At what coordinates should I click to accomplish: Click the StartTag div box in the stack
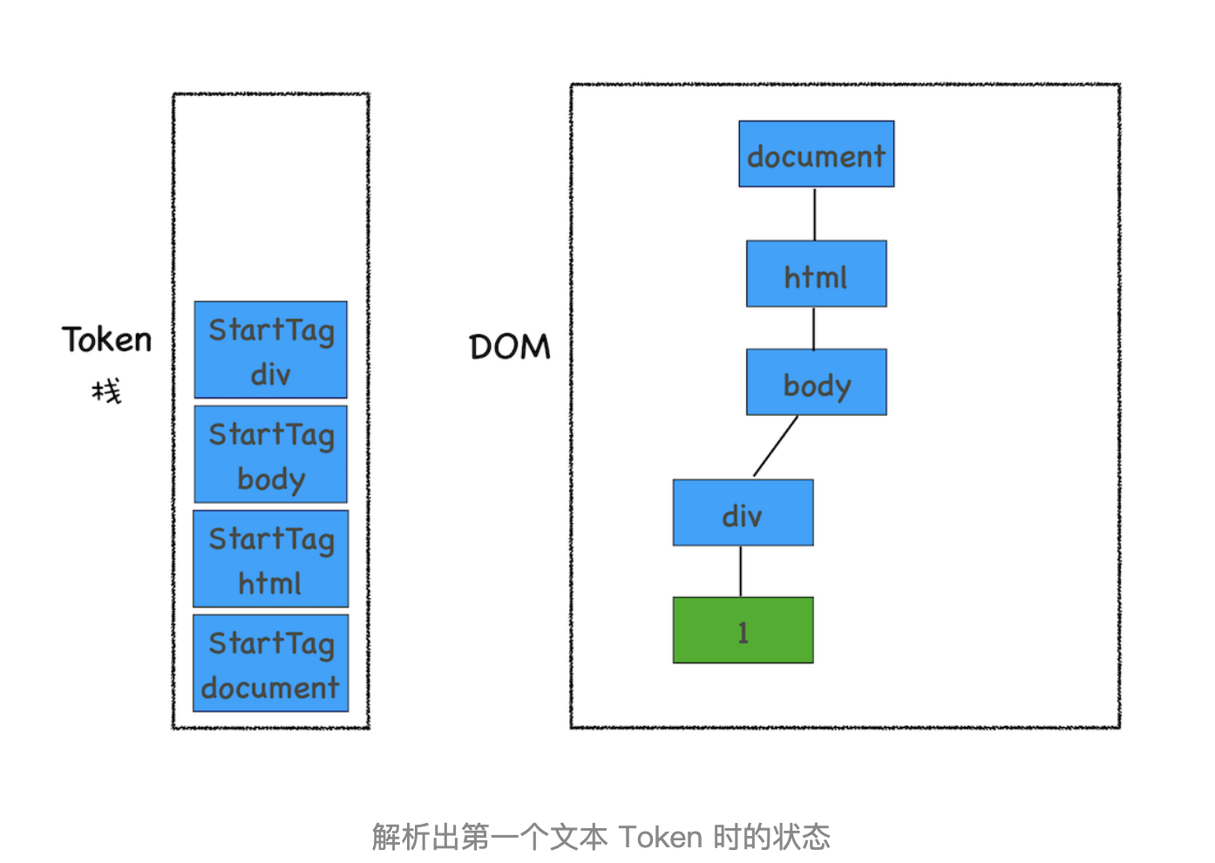[270, 350]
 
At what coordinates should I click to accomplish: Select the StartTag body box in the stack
[270, 454]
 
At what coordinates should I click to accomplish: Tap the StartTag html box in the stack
[270, 559]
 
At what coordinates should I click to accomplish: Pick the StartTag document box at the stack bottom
[270, 663]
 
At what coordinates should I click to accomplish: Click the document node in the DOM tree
[816, 154]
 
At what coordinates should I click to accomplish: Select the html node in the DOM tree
[816, 274]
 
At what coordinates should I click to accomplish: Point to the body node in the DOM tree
[816, 383]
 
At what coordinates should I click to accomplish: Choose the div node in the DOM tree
[743, 513]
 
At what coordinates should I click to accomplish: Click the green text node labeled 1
[743, 630]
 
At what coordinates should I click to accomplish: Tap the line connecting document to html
[815, 214]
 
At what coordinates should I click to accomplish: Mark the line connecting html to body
[814, 328]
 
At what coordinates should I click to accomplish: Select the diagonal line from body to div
[776, 446]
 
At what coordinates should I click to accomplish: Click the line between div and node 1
[741, 571]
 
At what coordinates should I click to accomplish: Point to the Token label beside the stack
[106, 340]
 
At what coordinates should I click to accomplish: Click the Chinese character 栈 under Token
[107, 391]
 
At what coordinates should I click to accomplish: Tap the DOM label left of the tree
[510, 347]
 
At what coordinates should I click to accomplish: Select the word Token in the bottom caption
[661, 837]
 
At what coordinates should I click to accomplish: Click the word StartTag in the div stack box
[271, 330]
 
